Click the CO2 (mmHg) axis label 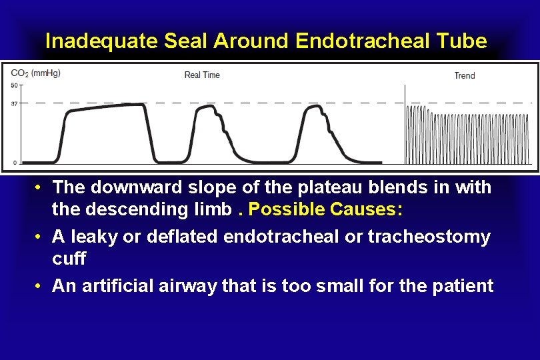pyautogui.click(x=36, y=73)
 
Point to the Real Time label pyautogui.click(x=202, y=75)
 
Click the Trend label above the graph pyautogui.click(x=465, y=75)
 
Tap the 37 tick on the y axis pyautogui.click(x=14, y=103)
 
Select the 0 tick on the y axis pyautogui.click(x=15, y=163)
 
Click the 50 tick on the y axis pyautogui.click(x=14, y=85)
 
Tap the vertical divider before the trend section pyautogui.click(x=405, y=124)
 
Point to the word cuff pyautogui.click(x=69, y=259)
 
